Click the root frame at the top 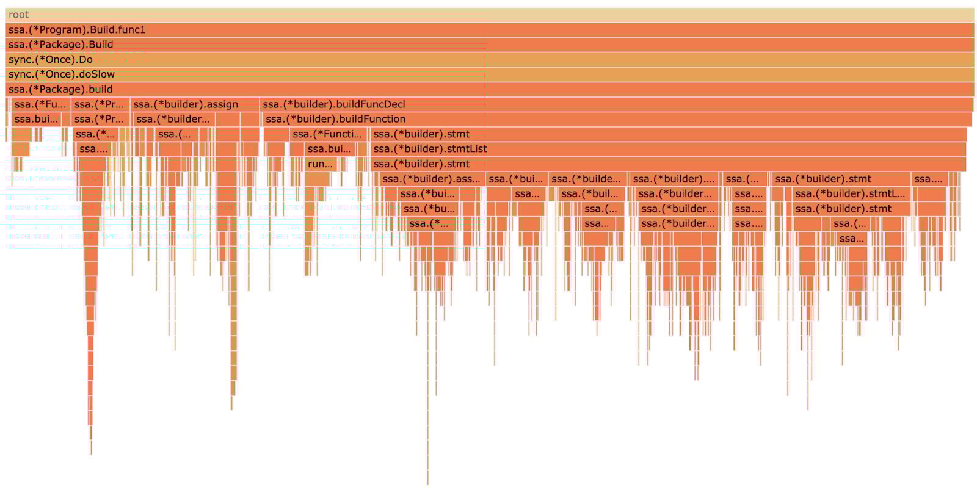click(488, 15)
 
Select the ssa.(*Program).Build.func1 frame click(488, 29)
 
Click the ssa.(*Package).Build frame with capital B click(488, 45)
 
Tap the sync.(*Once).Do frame click(488, 59)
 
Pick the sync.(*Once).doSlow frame click(488, 74)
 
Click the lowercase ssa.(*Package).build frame click(488, 89)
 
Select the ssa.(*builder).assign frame click(194, 104)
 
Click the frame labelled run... click(320, 164)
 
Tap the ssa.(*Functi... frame click(328, 134)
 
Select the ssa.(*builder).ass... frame click(432, 179)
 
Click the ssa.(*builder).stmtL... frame click(851, 194)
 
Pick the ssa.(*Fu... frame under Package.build click(40, 104)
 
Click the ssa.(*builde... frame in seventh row click(587, 179)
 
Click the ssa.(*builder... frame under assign click(173, 119)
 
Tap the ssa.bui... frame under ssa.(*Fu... click(36, 119)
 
